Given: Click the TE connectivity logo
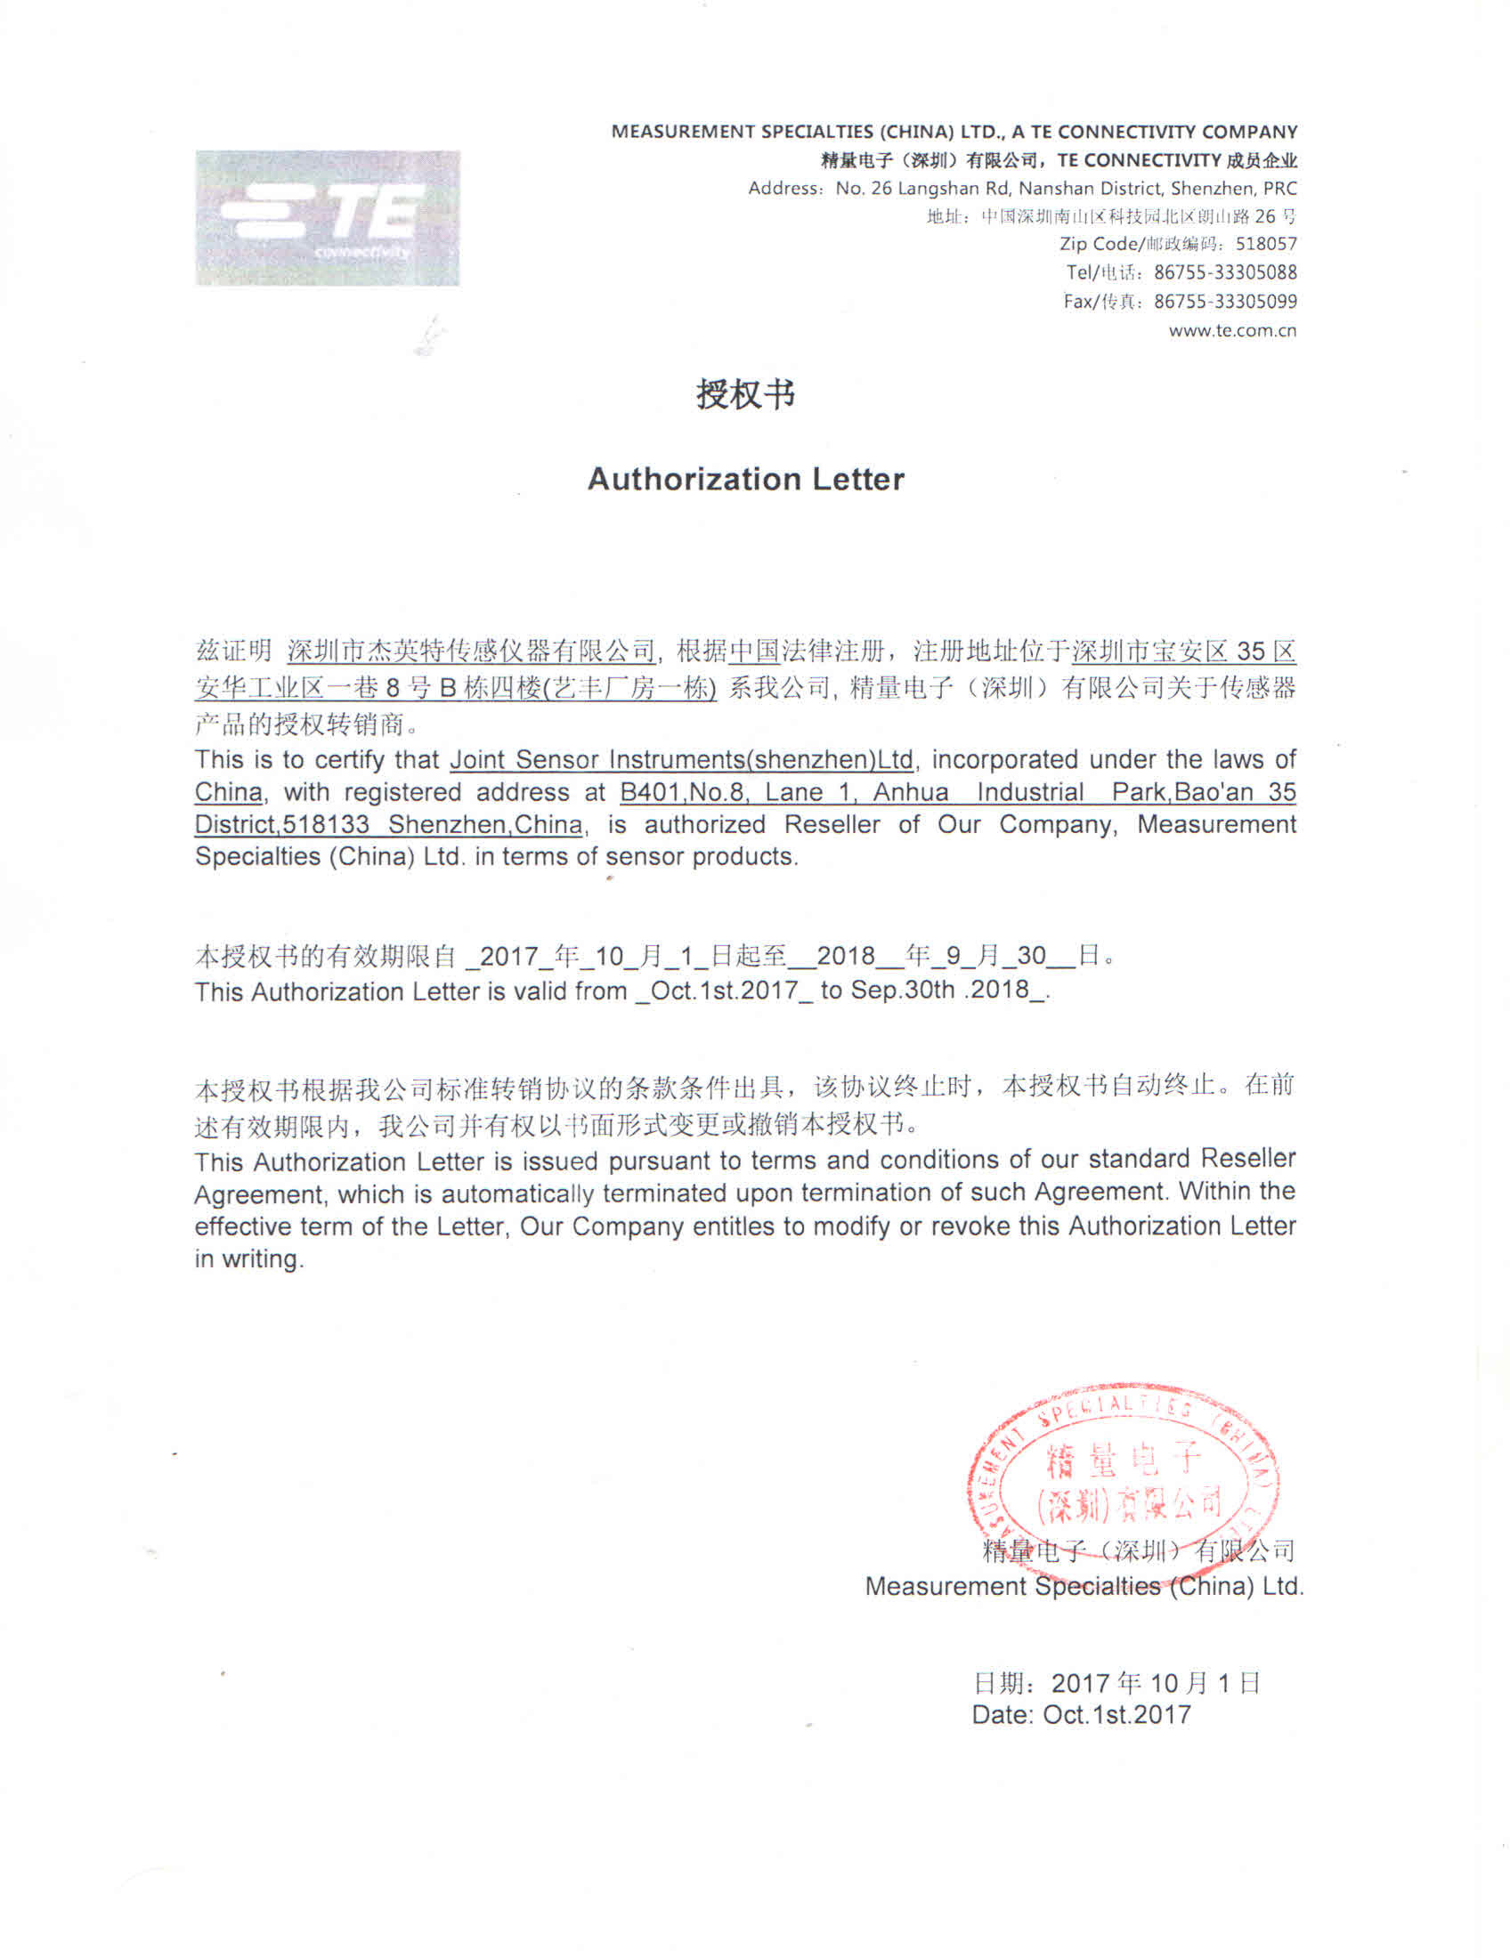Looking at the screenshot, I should click(x=328, y=218).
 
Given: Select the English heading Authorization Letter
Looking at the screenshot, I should click(x=745, y=479).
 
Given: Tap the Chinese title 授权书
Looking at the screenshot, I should click(x=745, y=393).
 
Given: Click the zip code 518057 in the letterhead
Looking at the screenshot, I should click(x=1265, y=244).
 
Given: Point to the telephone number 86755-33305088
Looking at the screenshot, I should click(x=1225, y=272).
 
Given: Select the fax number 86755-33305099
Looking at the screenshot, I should click(x=1225, y=301).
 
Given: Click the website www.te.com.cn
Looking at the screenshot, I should click(x=1232, y=330).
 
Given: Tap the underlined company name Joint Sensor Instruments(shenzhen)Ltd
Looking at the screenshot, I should click(x=680, y=760).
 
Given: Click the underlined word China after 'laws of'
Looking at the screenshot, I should click(x=230, y=792).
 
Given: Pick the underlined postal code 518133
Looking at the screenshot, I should click(x=326, y=824).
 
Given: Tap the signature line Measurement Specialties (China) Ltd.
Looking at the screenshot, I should click(x=1084, y=1586).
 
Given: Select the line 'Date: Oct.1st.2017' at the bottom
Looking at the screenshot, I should click(x=1081, y=1715).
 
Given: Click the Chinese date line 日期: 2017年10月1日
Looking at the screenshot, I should click(x=1116, y=1683).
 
